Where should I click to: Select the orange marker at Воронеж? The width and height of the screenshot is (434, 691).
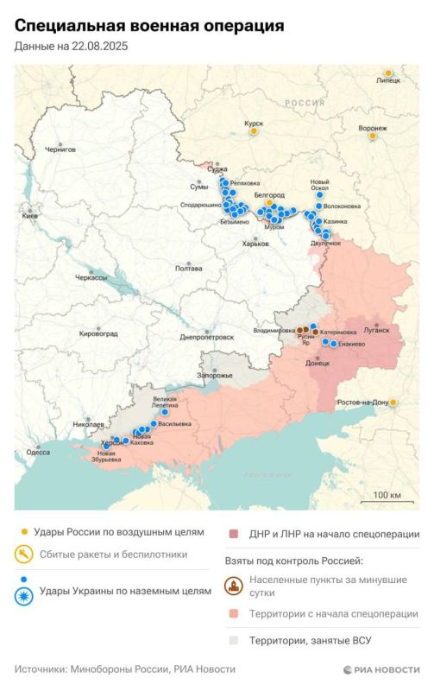[x=373, y=136]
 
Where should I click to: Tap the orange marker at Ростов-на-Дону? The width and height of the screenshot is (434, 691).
[x=393, y=403]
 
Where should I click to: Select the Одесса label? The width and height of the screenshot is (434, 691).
[x=38, y=452]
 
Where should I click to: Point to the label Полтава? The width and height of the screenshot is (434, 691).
[x=188, y=269]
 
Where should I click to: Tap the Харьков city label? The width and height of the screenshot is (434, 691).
[x=255, y=244]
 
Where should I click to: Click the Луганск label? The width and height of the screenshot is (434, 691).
[x=377, y=330]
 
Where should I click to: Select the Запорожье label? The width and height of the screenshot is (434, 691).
[x=216, y=376]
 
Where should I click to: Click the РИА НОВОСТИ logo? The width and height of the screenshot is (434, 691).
[x=381, y=669]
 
